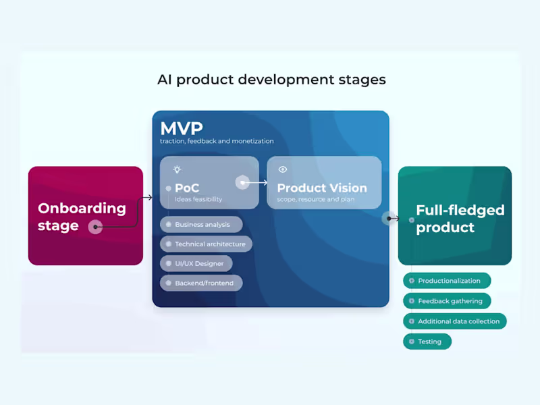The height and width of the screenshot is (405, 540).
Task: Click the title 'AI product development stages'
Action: point(271,80)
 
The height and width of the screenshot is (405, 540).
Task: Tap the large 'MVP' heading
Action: point(181,128)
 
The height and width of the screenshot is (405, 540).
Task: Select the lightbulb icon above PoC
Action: point(177,169)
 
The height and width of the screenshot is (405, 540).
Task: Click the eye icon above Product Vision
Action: point(283,169)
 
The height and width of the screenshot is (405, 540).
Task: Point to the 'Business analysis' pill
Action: point(201,225)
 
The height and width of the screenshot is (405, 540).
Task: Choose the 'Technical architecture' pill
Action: point(206,244)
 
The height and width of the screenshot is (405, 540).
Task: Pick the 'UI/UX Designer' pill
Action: point(196,264)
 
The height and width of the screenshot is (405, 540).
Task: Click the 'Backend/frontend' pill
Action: point(201,283)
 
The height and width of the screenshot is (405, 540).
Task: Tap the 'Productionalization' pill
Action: point(447,281)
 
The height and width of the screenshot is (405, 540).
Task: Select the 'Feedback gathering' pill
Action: point(447,301)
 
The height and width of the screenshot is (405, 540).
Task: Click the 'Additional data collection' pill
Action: point(455,321)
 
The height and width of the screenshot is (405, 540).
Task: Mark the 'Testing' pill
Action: point(427,342)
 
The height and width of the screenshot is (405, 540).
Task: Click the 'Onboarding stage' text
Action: point(82,217)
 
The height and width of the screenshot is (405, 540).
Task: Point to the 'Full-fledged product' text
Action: point(460,219)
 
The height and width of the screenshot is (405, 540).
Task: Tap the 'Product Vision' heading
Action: point(322,188)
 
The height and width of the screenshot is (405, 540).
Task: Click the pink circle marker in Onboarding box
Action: point(96,227)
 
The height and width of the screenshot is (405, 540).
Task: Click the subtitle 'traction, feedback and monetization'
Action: point(217,142)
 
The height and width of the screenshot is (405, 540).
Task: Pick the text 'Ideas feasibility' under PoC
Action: point(198,200)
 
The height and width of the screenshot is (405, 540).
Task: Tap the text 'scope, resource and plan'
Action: point(315,200)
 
